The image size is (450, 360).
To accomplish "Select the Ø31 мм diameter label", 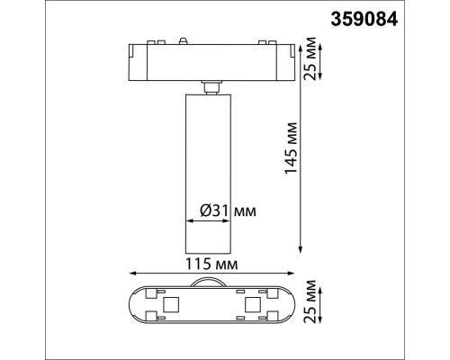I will pyautogui.click(x=225, y=211).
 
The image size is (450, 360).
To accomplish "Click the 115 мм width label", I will pyautogui.click(x=213, y=265).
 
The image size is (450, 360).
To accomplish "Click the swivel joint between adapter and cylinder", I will pyautogui.click(x=213, y=85).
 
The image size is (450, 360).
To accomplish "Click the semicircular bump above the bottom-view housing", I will pyautogui.click(x=213, y=283).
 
